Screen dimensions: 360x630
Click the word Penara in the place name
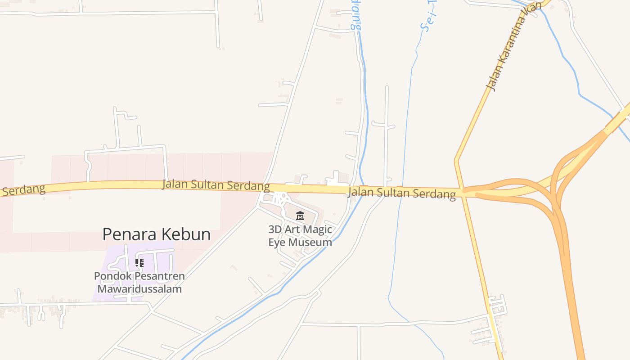(129, 234)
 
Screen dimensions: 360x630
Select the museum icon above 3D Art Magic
(300, 216)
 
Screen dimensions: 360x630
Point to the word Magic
(318, 229)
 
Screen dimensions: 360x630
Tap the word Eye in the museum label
(277, 243)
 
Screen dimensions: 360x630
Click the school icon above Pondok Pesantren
(139, 262)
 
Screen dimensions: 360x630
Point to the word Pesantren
(157, 276)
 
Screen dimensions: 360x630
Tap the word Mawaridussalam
(139, 289)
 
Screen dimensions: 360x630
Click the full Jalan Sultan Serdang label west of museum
(216, 184)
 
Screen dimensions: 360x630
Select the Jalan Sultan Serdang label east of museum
(402, 193)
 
